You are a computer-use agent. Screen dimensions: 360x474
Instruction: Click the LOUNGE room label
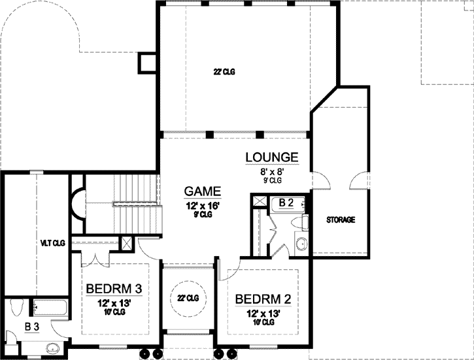(272, 157)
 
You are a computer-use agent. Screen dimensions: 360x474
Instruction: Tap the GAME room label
(202, 191)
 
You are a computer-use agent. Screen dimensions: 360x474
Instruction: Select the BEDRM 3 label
(114, 288)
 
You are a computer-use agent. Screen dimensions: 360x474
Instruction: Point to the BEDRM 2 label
(262, 299)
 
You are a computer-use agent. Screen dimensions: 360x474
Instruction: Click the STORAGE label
(341, 220)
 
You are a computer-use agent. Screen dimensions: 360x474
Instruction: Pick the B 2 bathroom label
(286, 203)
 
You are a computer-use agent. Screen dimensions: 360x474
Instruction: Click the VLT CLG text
(48, 243)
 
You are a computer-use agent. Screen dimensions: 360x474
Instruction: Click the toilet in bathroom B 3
(17, 307)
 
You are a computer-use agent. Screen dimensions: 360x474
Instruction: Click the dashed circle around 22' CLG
(188, 297)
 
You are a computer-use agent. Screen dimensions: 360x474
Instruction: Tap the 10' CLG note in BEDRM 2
(262, 323)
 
